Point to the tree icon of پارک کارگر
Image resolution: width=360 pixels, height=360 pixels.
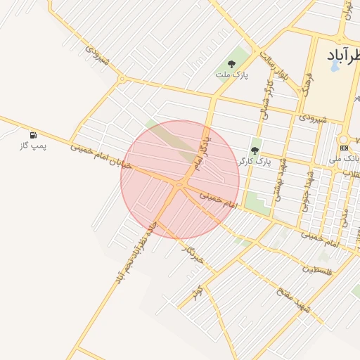[x=255, y=150]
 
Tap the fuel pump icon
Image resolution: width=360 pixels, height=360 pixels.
[x=33, y=134]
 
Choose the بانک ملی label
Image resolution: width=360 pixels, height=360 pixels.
[x=344, y=160]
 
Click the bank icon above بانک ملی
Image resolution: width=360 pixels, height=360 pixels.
[x=344, y=148]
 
